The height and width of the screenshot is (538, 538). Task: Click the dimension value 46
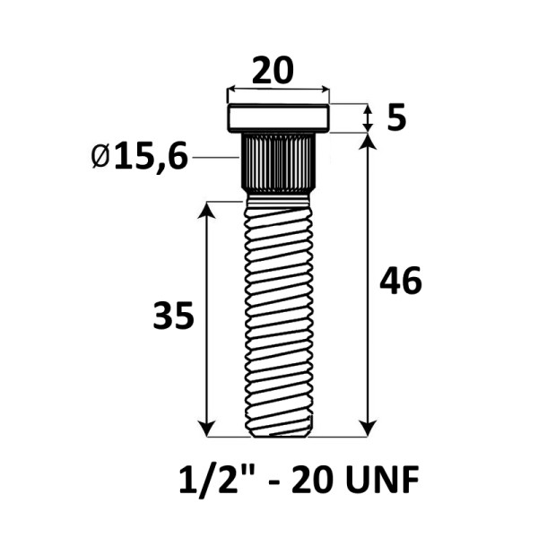pos(401,281)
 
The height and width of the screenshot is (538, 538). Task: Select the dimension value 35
pos(173,316)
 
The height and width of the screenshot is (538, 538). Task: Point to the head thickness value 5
pos(396,118)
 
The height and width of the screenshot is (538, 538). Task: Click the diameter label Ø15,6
pos(140,156)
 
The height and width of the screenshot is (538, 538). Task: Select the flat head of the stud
pos(278,118)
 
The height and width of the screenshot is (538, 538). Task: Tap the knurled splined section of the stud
pos(278,163)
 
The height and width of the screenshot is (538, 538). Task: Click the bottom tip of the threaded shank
pos(280,436)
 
